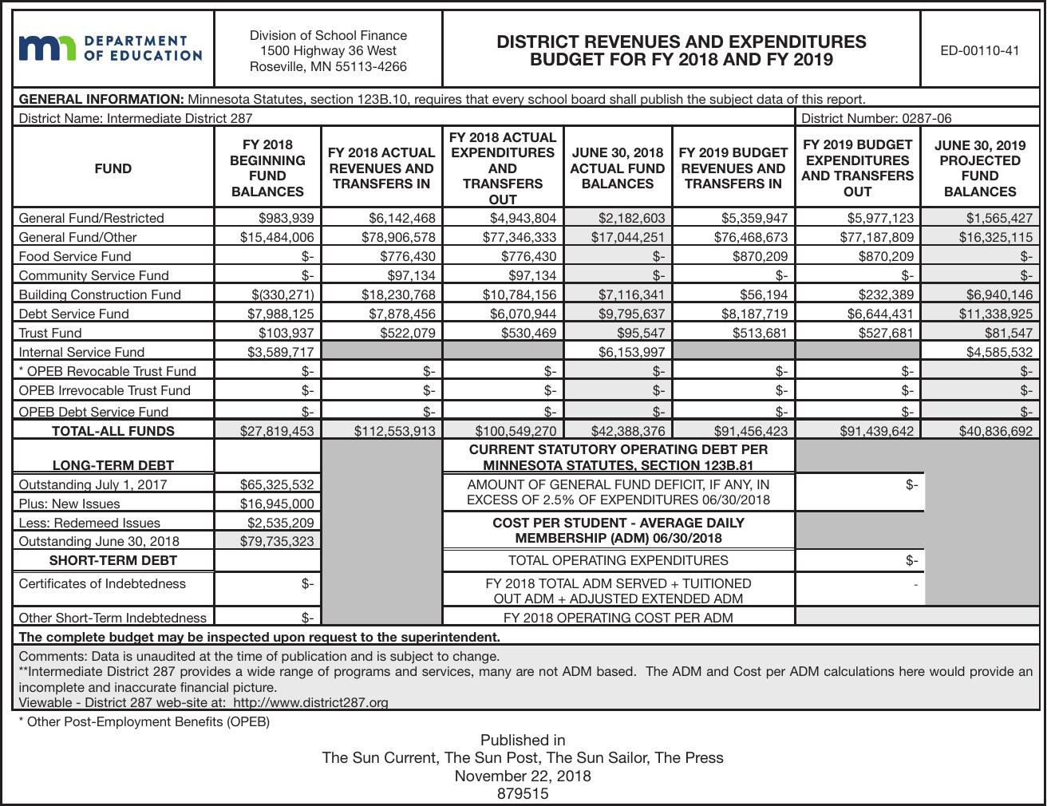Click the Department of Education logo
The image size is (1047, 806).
(111, 49)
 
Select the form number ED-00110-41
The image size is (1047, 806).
(979, 50)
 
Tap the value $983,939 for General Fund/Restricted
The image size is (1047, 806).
(286, 218)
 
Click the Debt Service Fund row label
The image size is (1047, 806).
(73, 314)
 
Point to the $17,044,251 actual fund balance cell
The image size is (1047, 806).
(627, 237)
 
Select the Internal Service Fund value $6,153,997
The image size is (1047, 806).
(630, 352)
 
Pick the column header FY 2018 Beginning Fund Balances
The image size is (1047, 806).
(267, 168)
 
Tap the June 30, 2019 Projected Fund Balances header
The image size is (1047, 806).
(979, 168)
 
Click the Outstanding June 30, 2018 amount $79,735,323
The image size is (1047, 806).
(277, 541)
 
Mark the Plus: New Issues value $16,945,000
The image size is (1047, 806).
(277, 504)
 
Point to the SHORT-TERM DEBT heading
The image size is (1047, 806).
(113, 560)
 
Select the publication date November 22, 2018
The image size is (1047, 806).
(523, 776)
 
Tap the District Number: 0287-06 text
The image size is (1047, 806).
(875, 118)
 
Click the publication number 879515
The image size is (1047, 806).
(523, 793)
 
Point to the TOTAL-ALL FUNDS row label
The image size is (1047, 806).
(113, 431)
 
